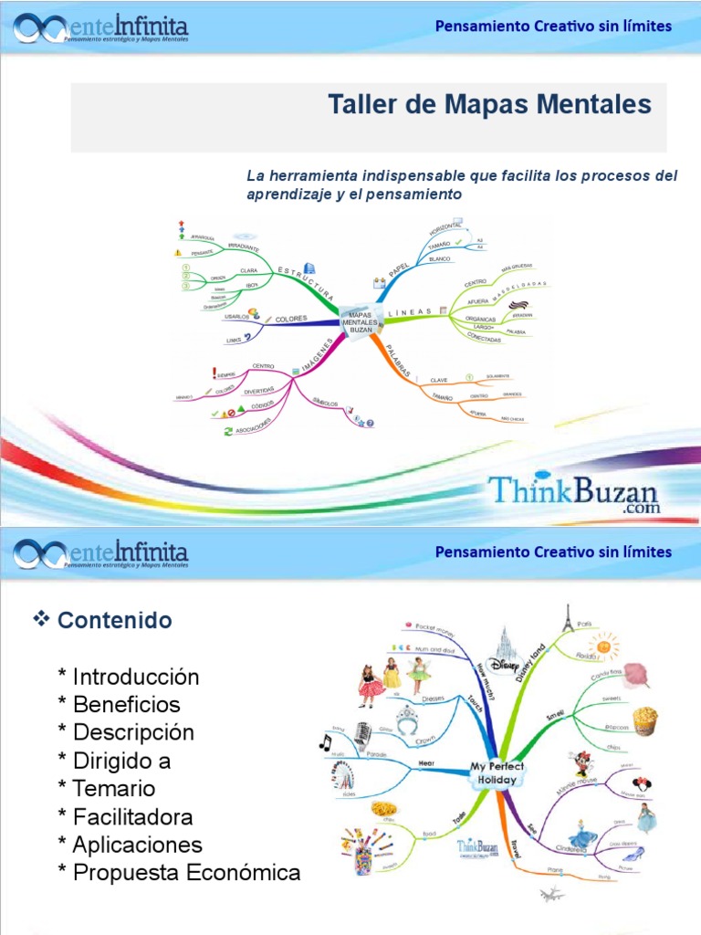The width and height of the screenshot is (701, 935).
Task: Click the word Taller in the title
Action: coord(360,105)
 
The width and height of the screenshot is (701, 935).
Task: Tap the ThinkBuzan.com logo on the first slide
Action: coord(572,494)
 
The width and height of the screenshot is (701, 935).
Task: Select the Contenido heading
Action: coord(114,621)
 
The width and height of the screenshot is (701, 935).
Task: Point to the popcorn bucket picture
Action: coord(644,720)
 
